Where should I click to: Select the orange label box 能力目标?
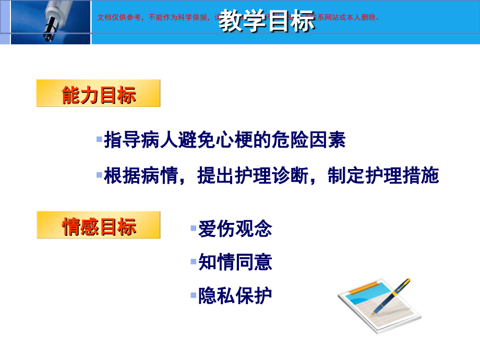coord(99,94)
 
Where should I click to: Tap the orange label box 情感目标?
coord(99,225)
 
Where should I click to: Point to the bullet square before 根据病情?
coord(99,175)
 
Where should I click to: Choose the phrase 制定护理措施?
coord(383,176)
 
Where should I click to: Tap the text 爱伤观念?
coord(235,229)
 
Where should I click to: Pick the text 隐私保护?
coord(235,296)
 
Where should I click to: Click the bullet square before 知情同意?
coord(194,261)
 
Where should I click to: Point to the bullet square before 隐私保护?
coord(194,295)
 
